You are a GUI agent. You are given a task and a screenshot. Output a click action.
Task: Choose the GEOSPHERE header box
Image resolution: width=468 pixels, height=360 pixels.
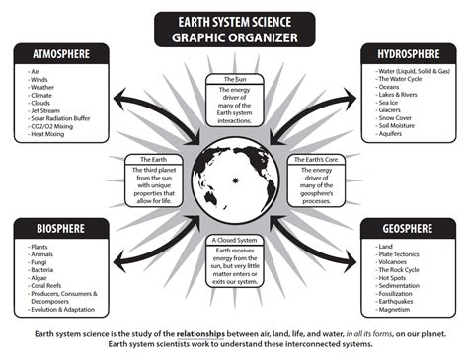pos(407,229)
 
